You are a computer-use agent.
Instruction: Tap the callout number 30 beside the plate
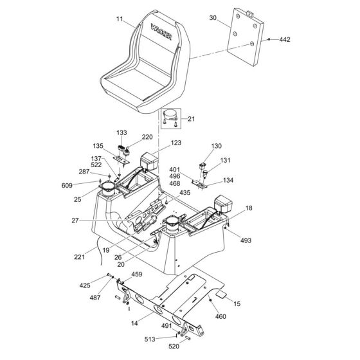pyautogui.click(x=213, y=19)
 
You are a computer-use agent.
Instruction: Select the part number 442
pyautogui.click(x=285, y=40)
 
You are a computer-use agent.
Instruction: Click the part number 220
pyautogui.click(x=147, y=137)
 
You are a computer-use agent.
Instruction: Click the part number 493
pyautogui.click(x=246, y=240)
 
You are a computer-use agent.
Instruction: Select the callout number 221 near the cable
pyautogui.click(x=80, y=257)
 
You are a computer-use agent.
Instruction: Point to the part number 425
pyautogui.click(x=85, y=285)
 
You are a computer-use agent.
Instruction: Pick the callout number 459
pyautogui.click(x=137, y=274)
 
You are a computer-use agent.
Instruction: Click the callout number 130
pyautogui.click(x=216, y=145)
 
